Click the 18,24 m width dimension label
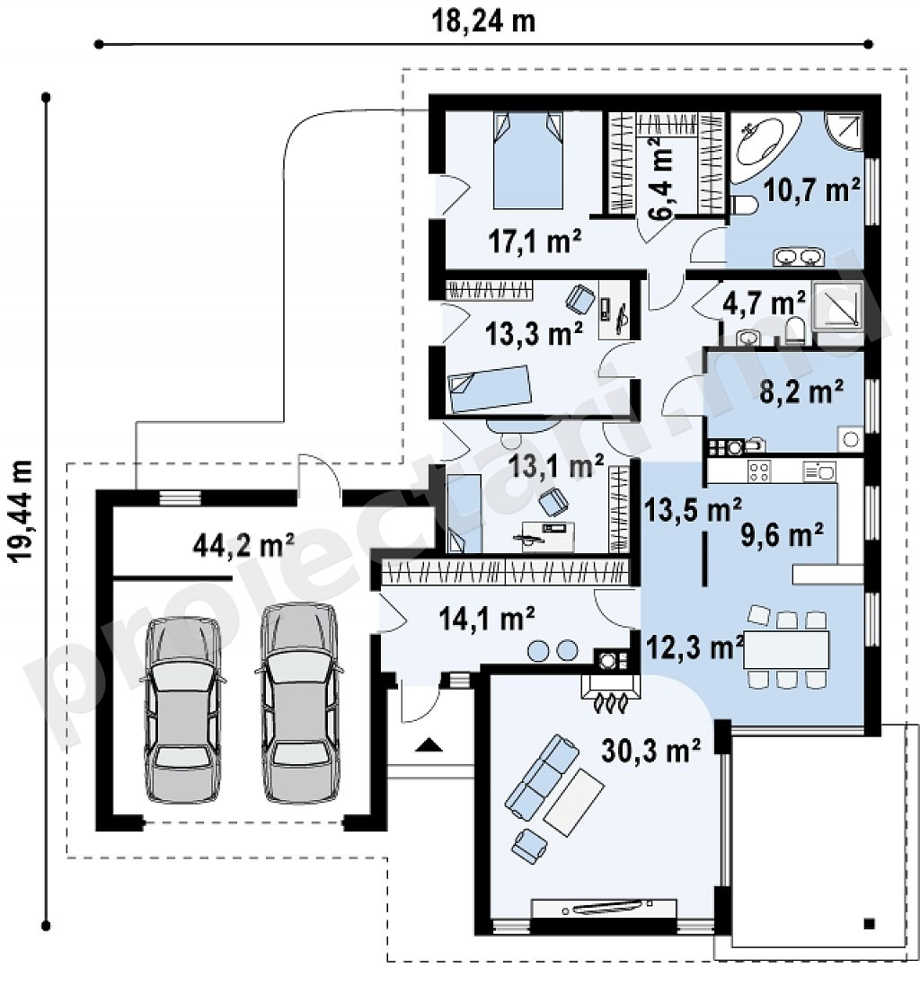click(483, 21)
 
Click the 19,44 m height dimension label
click(21, 511)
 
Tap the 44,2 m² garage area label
click(243, 545)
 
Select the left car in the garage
click(182, 710)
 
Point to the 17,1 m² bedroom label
click(535, 241)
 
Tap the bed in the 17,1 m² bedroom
click(528, 160)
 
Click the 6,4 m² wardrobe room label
click(660, 178)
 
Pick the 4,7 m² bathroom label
click(764, 303)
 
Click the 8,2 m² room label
click(801, 392)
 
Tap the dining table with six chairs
click(787, 649)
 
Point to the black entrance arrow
click(429, 745)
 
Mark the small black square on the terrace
click(869, 924)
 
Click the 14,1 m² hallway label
click(487, 618)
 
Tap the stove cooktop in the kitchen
click(759, 471)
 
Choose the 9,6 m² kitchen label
click(783, 536)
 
